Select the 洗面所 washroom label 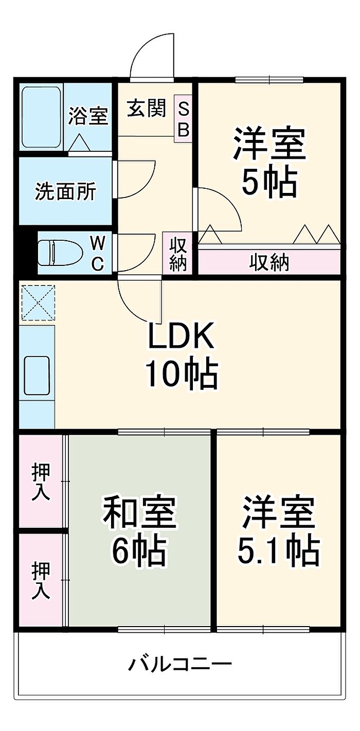coord(65,191)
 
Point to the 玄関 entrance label coord(147,109)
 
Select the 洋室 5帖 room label coord(269,162)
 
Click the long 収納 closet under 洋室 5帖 coord(269,262)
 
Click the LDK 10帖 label coord(181,355)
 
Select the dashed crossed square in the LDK coord(37,304)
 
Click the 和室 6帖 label coord(140,530)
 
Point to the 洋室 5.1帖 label coord(278,530)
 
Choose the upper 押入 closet coord(41,481)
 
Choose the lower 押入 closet coord(41,581)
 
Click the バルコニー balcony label coord(179,664)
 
